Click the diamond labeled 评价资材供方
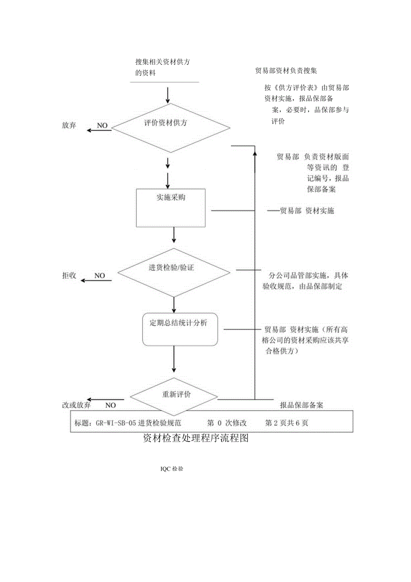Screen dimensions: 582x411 tap(171, 127)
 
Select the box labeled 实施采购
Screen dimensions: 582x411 tap(170, 208)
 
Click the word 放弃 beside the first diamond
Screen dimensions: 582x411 tap(69, 126)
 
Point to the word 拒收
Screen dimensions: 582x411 tap(69, 276)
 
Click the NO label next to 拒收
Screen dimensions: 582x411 tap(100, 276)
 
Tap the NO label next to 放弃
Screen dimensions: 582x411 tap(102, 126)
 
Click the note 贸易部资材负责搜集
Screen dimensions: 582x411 tap(286, 71)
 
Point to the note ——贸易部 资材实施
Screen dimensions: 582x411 tap(300, 211)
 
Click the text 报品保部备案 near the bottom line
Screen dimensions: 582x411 tap(302, 405)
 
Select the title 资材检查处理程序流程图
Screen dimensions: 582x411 tap(195, 438)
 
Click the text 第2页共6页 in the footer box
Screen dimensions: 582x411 tap(286, 423)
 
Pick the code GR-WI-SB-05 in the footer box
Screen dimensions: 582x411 tap(113, 423)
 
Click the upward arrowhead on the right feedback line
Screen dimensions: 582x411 tap(255, 153)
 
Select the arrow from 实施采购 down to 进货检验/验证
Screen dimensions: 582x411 tap(174, 235)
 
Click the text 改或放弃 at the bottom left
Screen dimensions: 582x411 tap(77, 405)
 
